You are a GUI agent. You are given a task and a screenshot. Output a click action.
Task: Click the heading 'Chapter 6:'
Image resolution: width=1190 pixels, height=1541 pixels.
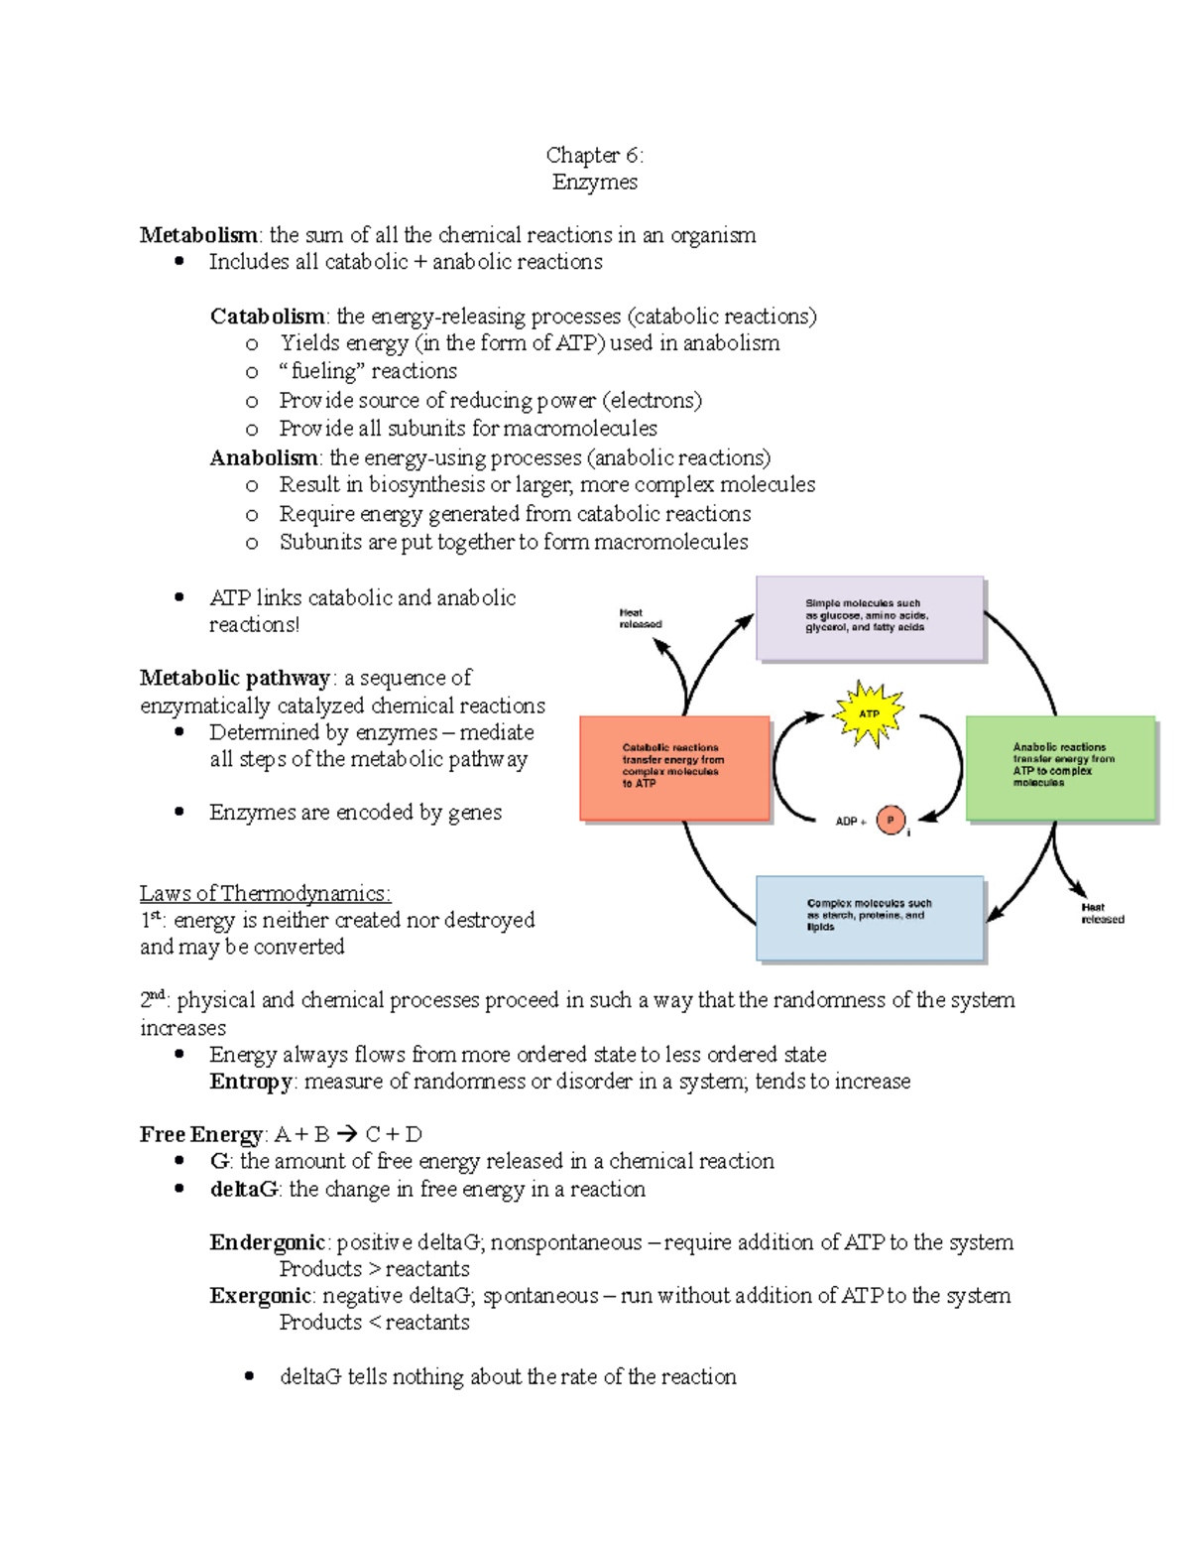pyautogui.click(x=594, y=155)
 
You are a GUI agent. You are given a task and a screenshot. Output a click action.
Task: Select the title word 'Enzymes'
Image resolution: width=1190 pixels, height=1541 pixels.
pyautogui.click(x=594, y=182)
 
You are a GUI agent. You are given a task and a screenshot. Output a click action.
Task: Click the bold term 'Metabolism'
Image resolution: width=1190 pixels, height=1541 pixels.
pyautogui.click(x=198, y=235)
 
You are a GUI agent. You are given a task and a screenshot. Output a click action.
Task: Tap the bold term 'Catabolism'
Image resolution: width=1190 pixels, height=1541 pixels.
pyautogui.click(x=267, y=317)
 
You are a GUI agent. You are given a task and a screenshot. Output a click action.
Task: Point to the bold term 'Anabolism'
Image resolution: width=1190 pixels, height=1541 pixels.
pyautogui.click(x=263, y=457)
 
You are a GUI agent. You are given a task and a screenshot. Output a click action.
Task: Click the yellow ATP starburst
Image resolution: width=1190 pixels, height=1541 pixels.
pyautogui.click(x=869, y=713)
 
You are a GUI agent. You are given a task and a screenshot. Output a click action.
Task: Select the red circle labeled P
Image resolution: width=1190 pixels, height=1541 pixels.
pyautogui.click(x=891, y=820)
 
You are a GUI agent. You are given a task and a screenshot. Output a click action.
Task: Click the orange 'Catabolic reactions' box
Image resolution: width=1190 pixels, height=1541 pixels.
pyautogui.click(x=674, y=767)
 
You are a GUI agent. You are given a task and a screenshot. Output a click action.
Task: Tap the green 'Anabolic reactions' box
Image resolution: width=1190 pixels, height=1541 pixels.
pyautogui.click(x=1060, y=767)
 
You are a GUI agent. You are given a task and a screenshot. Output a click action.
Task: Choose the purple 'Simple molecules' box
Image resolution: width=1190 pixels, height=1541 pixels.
pyautogui.click(x=869, y=617)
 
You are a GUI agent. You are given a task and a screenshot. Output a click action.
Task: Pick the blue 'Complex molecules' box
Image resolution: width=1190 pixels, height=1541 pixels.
pyautogui.click(x=869, y=917)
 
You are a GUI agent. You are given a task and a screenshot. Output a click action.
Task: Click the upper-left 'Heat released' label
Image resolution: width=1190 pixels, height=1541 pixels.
pyautogui.click(x=640, y=618)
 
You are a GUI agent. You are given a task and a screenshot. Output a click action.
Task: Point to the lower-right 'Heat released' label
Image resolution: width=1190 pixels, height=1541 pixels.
pyautogui.click(x=1102, y=913)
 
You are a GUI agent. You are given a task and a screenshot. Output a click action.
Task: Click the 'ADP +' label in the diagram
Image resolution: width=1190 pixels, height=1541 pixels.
pyautogui.click(x=850, y=822)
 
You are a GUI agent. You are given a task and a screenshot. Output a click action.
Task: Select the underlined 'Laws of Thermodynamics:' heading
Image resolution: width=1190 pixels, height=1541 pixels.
pyautogui.click(x=265, y=893)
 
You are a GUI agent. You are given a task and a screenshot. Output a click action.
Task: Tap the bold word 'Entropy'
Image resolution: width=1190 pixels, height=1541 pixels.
pyautogui.click(x=251, y=1082)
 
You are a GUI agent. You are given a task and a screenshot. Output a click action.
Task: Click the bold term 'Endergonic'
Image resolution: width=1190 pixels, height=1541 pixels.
pyautogui.click(x=267, y=1242)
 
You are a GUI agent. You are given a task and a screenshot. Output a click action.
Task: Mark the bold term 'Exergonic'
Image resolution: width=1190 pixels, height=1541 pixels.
pyautogui.click(x=261, y=1296)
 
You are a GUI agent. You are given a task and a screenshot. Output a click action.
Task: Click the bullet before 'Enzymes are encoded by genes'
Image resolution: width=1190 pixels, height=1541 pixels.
pyautogui.click(x=179, y=812)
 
